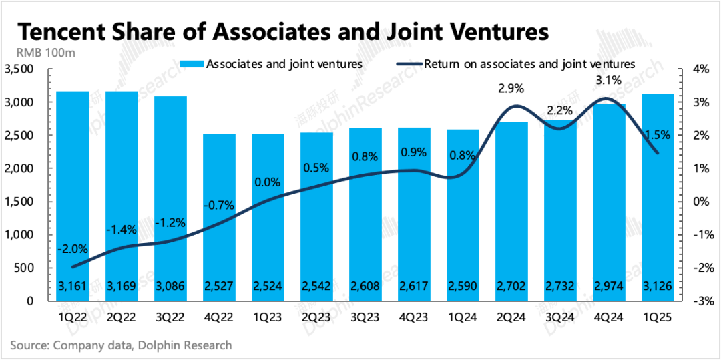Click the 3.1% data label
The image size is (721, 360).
608,81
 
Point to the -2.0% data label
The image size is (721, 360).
73,249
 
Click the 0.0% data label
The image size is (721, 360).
268,181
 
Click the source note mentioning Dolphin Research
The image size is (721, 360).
121,345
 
